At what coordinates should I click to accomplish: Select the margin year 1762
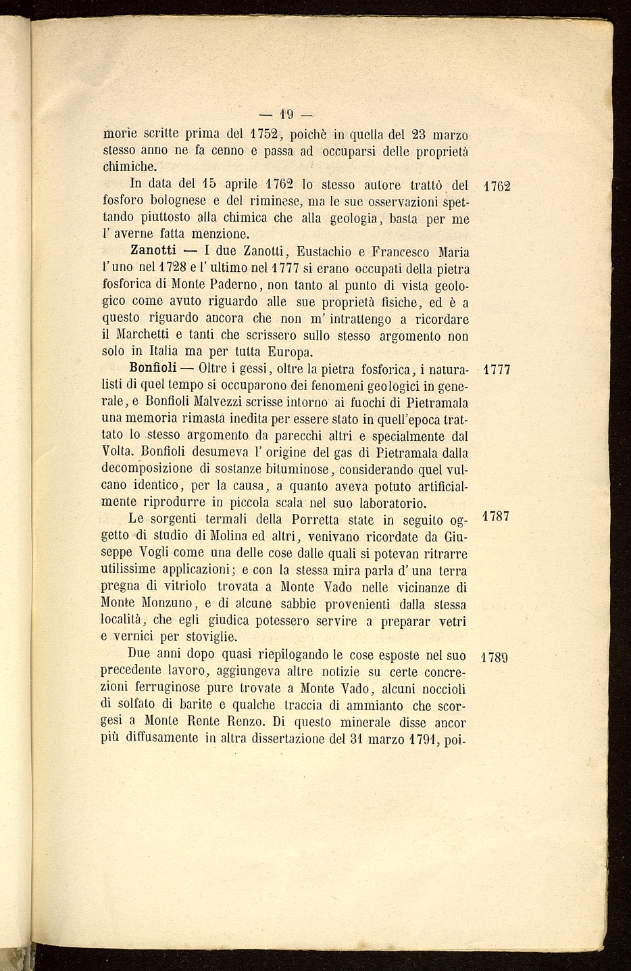(x=498, y=186)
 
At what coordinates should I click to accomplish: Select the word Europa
(x=291, y=352)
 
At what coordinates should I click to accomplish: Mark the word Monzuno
(x=167, y=603)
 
